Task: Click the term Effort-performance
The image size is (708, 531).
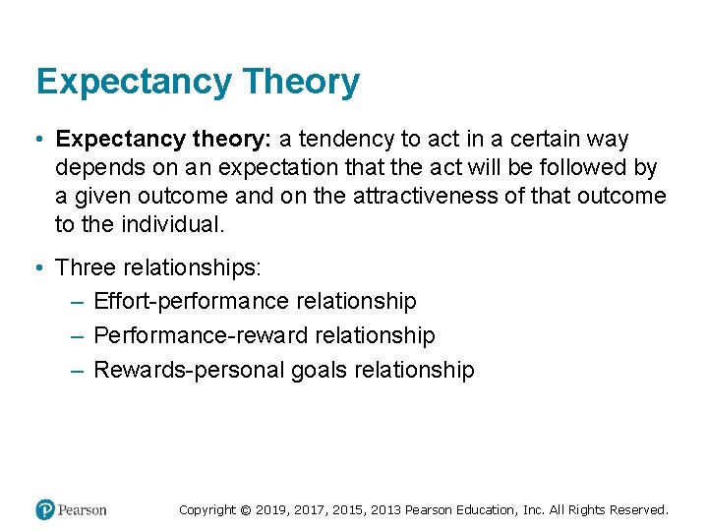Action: pos(191,301)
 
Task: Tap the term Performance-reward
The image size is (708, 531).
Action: pos(201,335)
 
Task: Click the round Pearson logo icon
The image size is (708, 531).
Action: pos(44,509)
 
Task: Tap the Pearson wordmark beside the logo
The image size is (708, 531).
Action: pos(82,509)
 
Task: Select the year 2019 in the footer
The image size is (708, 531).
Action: pos(271,509)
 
